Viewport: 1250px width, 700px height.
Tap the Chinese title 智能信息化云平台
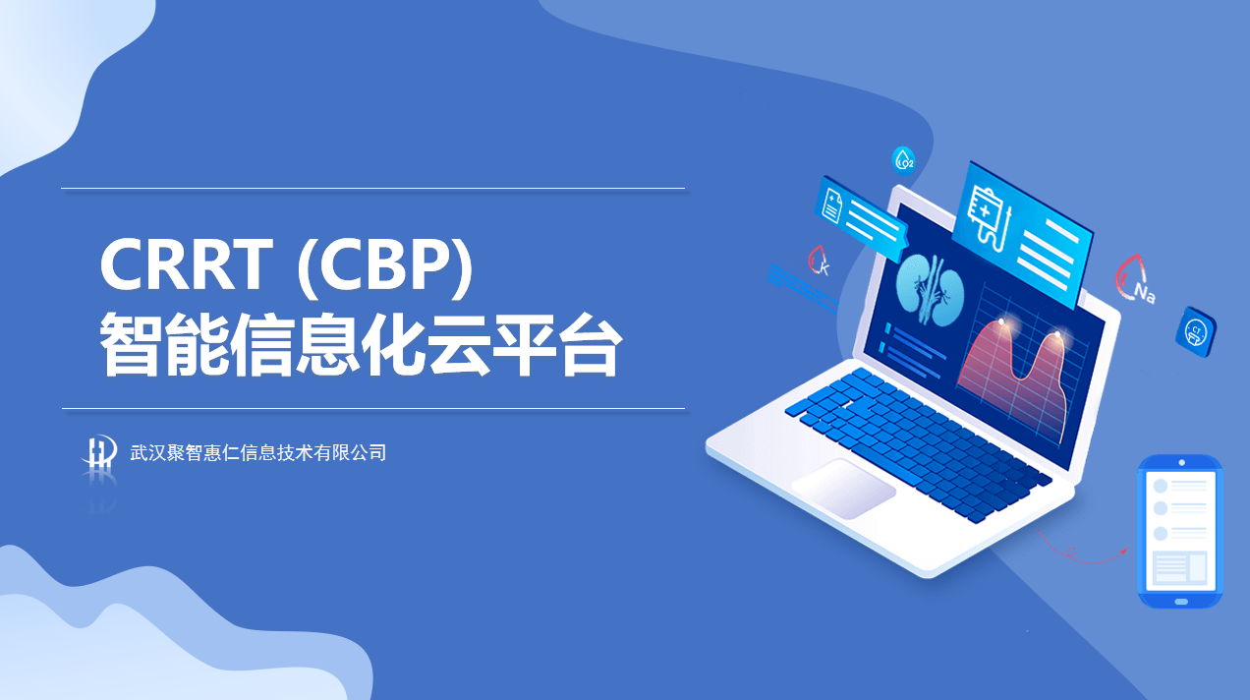point(361,344)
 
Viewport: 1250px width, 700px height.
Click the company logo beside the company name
point(100,451)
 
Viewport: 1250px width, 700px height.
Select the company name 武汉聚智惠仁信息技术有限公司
point(257,452)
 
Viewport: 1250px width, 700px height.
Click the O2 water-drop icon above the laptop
point(903,161)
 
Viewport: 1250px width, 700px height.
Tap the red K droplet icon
point(820,262)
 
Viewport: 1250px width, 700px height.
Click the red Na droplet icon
point(1135,279)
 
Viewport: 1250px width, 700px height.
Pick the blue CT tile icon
point(1196,331)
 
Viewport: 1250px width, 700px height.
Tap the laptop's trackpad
point(843,489)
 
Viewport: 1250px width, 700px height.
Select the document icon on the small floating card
point(832,204)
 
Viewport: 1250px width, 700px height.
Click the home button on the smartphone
point(1181,602)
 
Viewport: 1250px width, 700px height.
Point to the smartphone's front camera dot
point(1181,462)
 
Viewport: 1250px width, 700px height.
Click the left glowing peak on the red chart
point(1001,322)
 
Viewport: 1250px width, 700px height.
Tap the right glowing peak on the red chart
point(1057,334)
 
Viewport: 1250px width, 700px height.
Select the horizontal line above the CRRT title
point(372,189)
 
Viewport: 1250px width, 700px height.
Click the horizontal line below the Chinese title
point(373,409)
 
